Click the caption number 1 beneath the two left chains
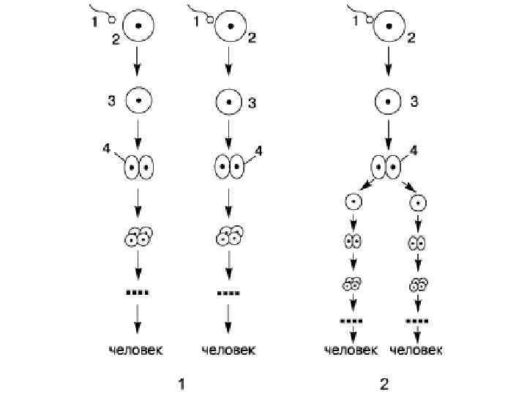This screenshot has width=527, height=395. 180,383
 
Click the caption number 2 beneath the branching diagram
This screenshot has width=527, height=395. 384,383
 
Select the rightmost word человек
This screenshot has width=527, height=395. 416,350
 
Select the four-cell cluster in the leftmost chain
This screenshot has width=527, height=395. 138,236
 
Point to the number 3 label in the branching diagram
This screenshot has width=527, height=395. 414,102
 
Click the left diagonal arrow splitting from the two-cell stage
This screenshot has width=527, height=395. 367,187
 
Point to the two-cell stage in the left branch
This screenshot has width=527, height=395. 353,241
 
